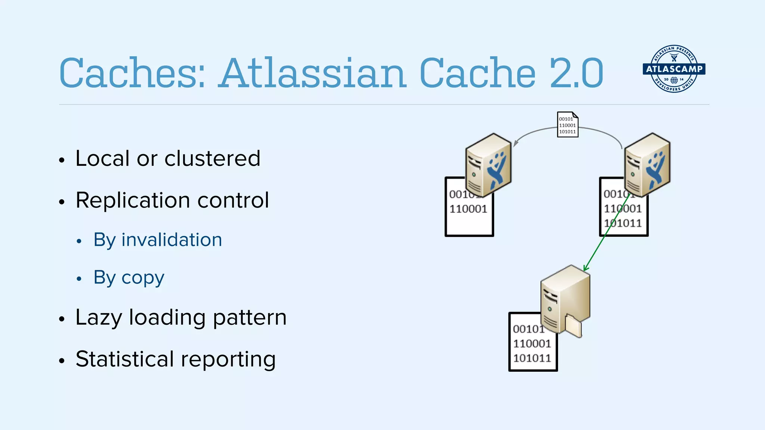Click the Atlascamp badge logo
click(x=674, y=69)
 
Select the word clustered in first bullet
click(x=212, y=158)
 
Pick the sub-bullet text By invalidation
click(x=158, y=240)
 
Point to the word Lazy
click(x=99, y=318)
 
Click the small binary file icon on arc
click(x=567, y=125)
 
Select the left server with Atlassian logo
click(x=488, y=165)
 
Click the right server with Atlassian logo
click(x=647, y=165)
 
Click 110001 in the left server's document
click(x=468, y=209)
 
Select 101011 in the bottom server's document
click(x=532, y=358)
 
